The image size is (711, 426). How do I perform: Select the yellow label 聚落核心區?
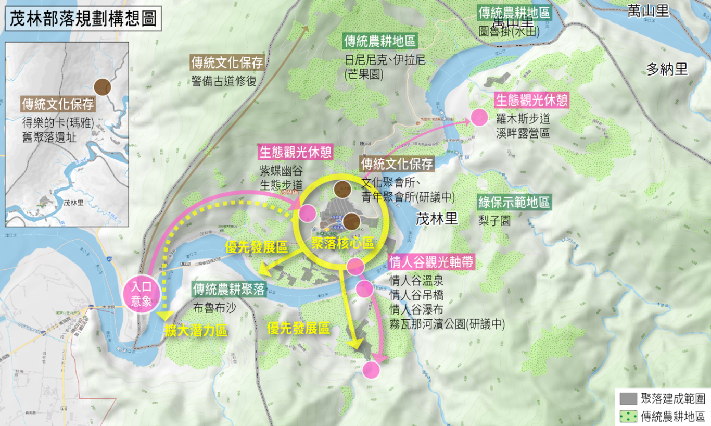[x=342, y=243]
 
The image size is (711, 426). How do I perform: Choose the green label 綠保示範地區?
[x=514, y=202]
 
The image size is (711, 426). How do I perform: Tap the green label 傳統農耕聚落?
[x=229, y=289]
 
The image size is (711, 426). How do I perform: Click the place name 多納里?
[x=667, y=69]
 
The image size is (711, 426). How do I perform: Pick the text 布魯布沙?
[x=214, y=307]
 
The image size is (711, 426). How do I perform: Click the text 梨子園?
[x=494, y=220]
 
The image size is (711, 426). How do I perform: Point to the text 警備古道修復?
[x=224, y=81]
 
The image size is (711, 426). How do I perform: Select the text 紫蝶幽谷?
[x=281, y=171]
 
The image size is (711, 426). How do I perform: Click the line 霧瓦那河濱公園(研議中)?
[x=447, y=323]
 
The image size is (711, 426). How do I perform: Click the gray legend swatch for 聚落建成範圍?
[x=628, y=399]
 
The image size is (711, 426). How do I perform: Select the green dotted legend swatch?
[x=628, y=416]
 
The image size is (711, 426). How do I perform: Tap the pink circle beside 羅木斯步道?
[x=479, y=118]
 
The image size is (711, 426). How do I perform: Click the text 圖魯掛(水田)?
[x=509, y=31]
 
